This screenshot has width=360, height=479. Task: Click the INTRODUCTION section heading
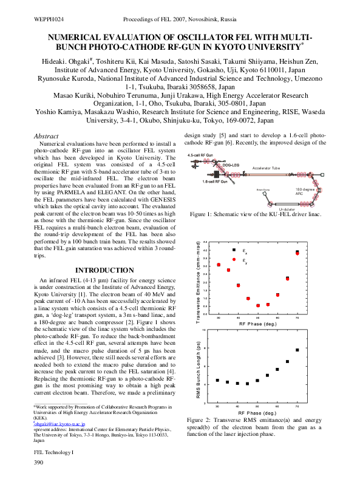coord(104,270)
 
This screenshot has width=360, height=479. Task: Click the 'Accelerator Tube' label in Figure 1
coord(266,168)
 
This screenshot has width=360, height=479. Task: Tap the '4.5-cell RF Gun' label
coord(200,156)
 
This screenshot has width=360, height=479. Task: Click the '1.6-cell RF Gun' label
coord(215,182)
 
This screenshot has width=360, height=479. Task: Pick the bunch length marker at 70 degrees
coord(297,350)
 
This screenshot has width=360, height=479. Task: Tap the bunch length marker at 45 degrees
coord(248,384)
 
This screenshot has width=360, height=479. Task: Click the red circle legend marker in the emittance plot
coord(234,259)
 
